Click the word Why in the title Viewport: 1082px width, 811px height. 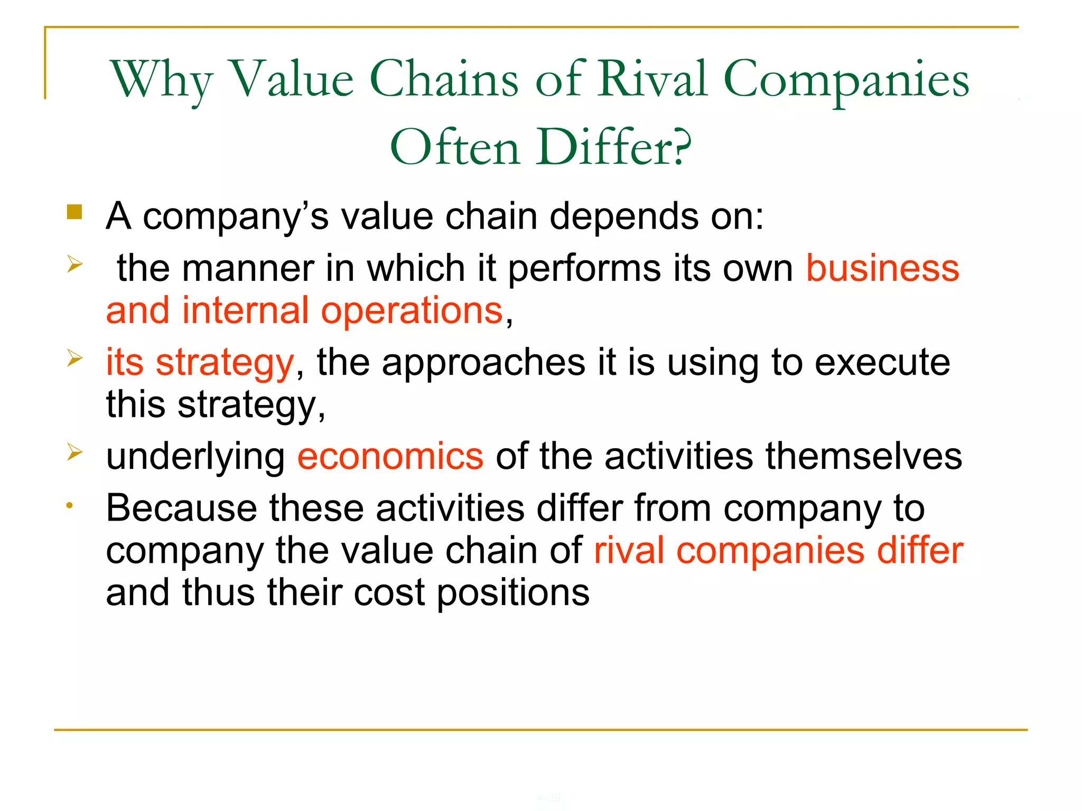[162, 80]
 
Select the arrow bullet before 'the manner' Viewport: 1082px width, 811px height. [74, 263]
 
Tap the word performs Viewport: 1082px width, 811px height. [584, 269]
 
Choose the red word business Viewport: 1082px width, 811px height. [882, 268]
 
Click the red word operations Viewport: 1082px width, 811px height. [412, 311]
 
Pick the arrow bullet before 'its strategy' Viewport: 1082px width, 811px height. [74, 359]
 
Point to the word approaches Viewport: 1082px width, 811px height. [483, 363]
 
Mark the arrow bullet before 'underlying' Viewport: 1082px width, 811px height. [74, 452]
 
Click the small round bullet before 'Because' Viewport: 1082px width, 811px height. [69, 506]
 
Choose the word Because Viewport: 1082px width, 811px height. [182, 508]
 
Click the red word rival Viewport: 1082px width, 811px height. [629, 551]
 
